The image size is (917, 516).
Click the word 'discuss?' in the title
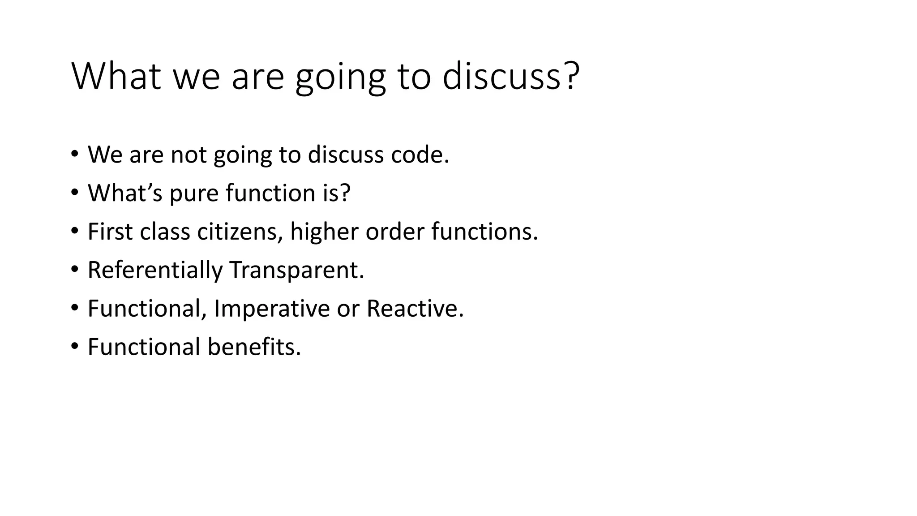click(x=510, y=76)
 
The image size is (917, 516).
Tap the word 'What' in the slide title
click(x=116, y=76)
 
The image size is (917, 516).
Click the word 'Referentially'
click(x=155, y=270)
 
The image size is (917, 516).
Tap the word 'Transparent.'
click(x=296, y=270)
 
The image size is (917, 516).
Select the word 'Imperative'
click(x=272, y=309)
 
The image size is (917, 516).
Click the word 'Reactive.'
click(x=415, y=309)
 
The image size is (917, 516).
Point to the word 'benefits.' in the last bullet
click(x=254, y=347)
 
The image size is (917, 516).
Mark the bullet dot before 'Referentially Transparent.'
click(x=74, y=270)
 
